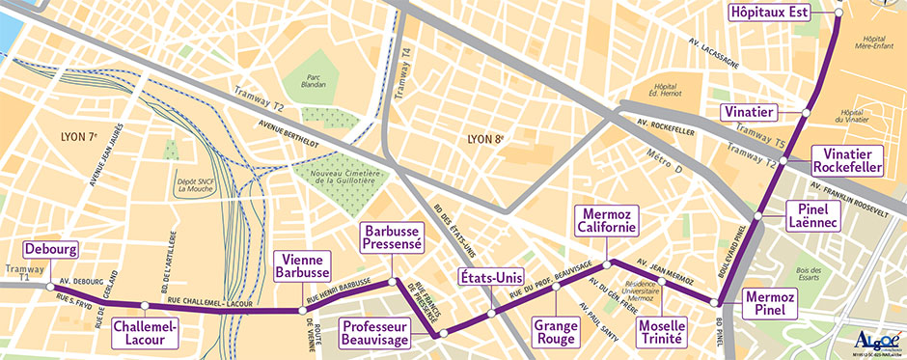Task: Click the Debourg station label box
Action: (50, 249)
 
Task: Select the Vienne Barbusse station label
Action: (302, 265)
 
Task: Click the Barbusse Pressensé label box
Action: (392, 237)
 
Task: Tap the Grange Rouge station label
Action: (555, 332)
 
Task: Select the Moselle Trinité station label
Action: (662, 332)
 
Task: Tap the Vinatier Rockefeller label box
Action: (849, 160)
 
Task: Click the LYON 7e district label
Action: (79, 136)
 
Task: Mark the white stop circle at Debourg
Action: (50, 286)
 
